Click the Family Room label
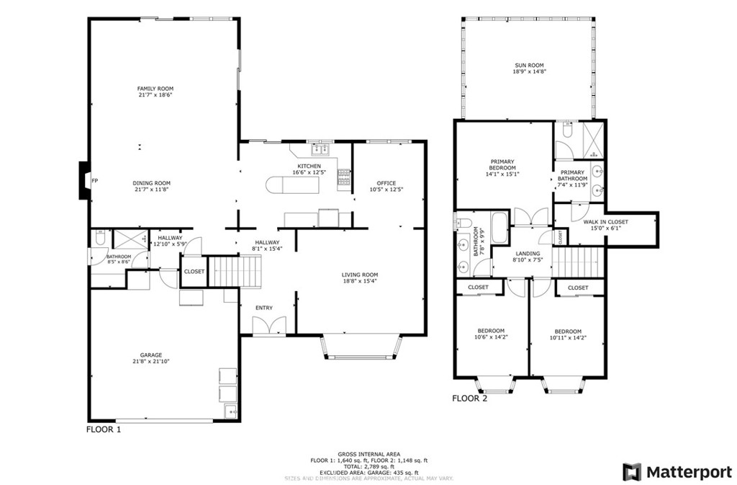pos(155,89)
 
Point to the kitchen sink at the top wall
pos(320,149)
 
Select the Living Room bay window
pos(362,347)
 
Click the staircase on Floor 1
pos(232,272)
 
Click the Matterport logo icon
pos(632,472)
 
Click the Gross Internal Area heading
pos(368,453)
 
